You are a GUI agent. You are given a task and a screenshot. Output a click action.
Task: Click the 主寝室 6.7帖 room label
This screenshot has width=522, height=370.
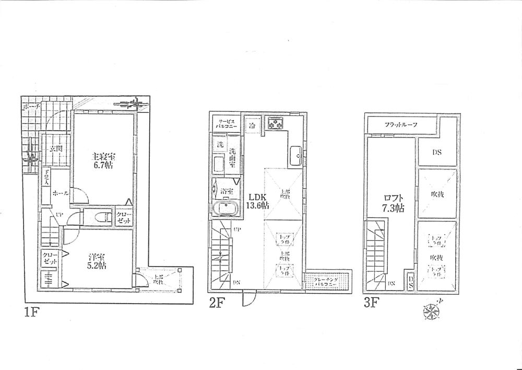[x=103, y=160]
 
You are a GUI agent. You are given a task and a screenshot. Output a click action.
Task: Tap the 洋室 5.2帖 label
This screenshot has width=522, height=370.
[x=96, y=261]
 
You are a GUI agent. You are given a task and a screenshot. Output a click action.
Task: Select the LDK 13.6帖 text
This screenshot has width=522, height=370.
[x=258, y=201]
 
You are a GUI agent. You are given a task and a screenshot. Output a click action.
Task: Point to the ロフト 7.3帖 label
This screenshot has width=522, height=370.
[x=391, y=203]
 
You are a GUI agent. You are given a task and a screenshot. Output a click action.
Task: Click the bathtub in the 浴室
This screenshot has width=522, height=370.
[x=226, y=209]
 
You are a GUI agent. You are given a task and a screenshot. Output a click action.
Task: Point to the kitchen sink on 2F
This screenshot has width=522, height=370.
[x=295, y=154]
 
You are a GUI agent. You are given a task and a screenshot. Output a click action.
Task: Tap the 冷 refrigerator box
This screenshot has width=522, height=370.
[x=253, y=126]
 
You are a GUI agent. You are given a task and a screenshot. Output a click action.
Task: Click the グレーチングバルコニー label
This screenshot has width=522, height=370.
[x=327, y=283]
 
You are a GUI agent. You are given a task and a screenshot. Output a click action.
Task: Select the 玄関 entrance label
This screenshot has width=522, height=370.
[x=54, y=149]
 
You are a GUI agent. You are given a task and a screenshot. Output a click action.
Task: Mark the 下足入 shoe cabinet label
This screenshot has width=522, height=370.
[x=46, y=178]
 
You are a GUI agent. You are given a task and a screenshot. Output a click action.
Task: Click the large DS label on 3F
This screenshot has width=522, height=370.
[x=436, y=153]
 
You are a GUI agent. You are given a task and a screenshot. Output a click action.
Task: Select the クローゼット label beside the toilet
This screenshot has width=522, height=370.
[x=123, y=217]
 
